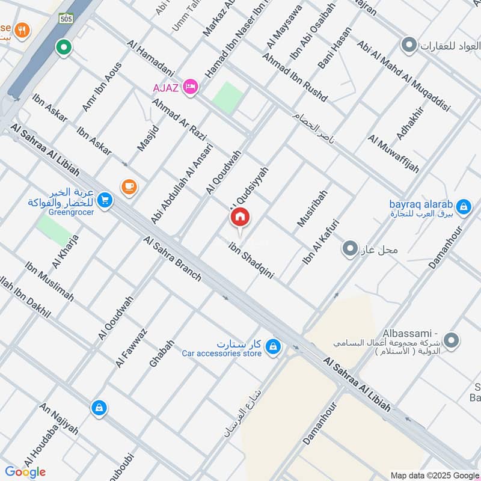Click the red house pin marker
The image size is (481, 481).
pos(239,217)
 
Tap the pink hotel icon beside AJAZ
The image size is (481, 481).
pos(191,87)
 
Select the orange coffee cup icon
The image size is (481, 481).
pos(129,187)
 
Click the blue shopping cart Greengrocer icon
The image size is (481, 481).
pos(105,200)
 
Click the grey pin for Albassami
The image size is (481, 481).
pos(452,341)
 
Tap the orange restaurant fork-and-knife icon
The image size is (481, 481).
pos(22,29)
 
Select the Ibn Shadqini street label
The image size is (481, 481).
pos(251,260)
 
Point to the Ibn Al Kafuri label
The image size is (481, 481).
pos(321,243)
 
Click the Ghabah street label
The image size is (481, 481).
pos(161,354)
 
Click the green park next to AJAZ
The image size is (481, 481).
pos(228,96)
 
